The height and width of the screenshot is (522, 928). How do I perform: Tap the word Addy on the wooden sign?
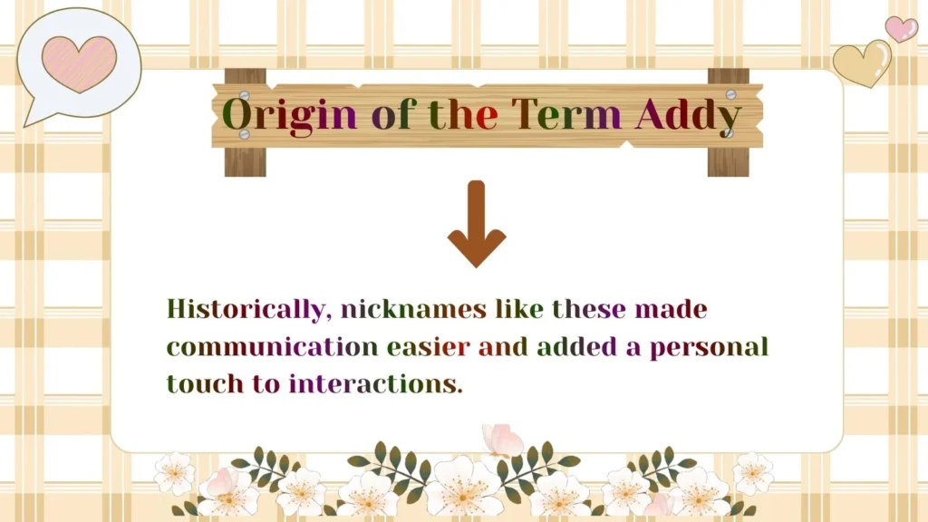(688, 116)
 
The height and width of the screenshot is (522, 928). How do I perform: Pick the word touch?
(205, 383)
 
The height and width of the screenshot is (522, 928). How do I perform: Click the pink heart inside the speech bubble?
(80, 63)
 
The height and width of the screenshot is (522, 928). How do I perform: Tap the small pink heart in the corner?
(901, 29)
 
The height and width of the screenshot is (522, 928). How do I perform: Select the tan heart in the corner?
(862, 63)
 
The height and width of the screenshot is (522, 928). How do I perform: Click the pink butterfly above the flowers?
(502, 440)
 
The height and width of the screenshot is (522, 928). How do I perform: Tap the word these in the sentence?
(589, 309)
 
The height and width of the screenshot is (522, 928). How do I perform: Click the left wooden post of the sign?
(246, 161)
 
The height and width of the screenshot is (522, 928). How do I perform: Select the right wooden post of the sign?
(729, 161)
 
